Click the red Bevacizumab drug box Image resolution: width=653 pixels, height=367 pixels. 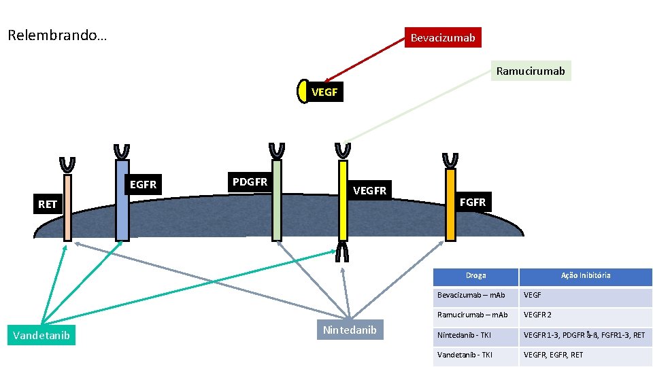point(443,37)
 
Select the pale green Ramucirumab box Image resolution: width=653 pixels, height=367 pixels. point(531,71)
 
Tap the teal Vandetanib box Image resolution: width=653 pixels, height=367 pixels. point(41,334)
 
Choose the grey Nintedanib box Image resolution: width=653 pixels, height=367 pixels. point(349,330)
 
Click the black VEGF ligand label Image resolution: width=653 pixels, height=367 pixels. point(324,92)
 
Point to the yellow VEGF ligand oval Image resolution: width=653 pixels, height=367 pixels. point(303,92)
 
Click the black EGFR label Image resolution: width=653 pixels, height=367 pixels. point(143,184)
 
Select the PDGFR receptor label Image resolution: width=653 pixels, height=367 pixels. point(250,181)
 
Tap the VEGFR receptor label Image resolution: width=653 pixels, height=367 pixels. point(369,191)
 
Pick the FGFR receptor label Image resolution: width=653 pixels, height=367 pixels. point(473,202)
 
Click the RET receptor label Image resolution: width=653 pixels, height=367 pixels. point(48,204)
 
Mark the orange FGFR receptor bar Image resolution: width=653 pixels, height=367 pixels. point(450,204)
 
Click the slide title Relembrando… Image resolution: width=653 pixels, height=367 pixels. point(57,35)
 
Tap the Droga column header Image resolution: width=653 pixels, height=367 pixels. point(475,276)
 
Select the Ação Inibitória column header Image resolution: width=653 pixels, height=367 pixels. point(585,276)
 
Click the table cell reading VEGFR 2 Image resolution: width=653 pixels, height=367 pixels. point(537,315)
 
